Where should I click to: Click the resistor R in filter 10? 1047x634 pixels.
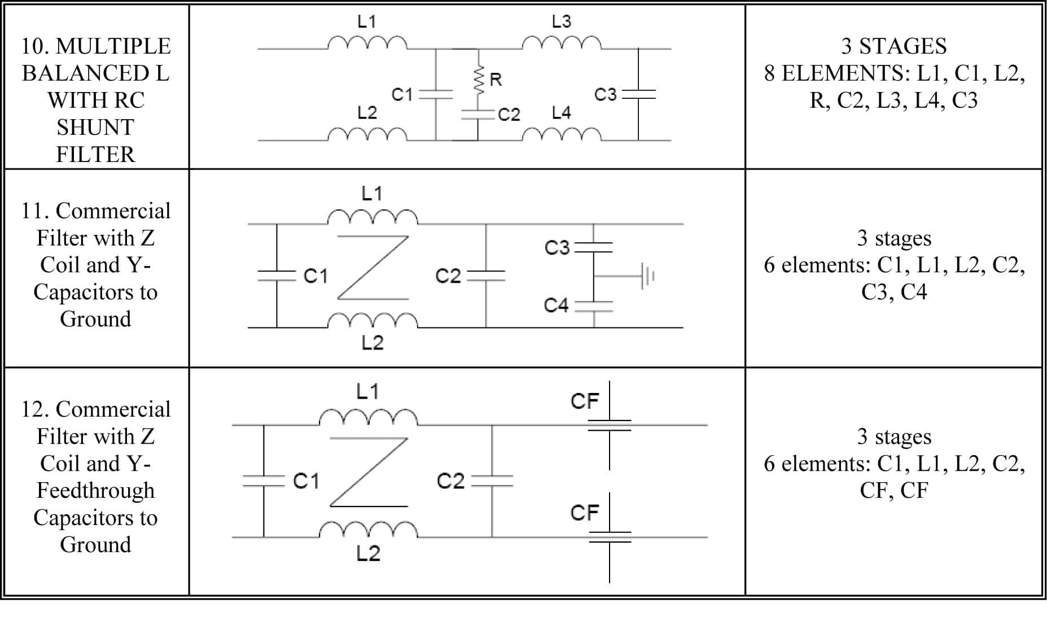(x=479, y=80)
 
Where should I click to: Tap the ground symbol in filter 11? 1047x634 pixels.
(x=646, y=276)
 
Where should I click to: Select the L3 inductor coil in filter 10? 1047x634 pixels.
(x=562, y=43)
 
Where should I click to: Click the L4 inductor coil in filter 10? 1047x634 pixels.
(x=562, y=134)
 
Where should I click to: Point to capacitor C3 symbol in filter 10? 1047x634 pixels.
(x=638, y=94)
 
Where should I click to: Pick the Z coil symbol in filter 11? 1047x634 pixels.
(x=373, y=268)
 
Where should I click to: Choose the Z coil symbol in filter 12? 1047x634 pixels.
(x=369, y=472)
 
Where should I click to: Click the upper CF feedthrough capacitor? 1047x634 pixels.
(x=610, y=425)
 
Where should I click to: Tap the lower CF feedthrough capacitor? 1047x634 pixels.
(x=610, y=537)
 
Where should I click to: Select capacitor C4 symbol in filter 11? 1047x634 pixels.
(x=594, y=306)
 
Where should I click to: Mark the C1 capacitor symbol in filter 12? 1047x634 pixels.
(x=264, y=481)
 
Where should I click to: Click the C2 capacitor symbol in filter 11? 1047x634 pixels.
(x=486, y=276)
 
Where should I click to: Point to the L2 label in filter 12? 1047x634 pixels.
(x=369, y=553)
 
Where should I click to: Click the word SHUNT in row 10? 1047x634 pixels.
(x=95, y=128)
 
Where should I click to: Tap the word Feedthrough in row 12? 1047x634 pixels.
(x=95, y=490)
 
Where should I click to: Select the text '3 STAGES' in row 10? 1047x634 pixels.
(x=894, y=46)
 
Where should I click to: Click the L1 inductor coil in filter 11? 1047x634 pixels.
(x=373, y=217)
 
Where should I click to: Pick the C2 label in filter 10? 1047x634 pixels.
(x=509, y=115)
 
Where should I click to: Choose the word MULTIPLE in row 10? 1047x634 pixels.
(x=113, y=46)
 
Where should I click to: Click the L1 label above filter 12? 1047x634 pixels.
(x=367, y=391)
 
